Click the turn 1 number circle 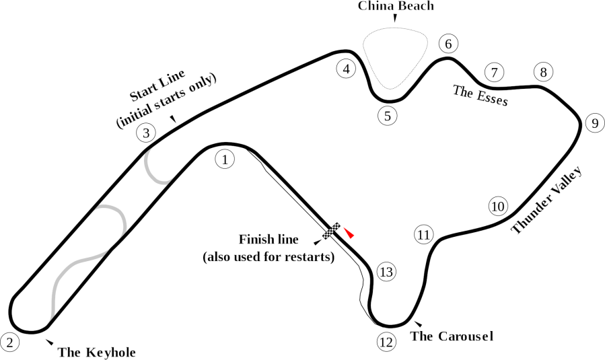224,159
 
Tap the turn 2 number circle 9,342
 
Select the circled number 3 146,133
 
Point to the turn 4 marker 346,69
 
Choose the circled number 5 387,116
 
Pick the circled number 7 494,73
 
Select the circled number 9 594,123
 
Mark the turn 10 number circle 497,206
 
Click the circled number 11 423,235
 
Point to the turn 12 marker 385,343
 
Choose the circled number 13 386,273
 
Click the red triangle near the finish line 349,233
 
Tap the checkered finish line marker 331,230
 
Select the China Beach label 396,6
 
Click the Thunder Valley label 546,200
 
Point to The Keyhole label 97,351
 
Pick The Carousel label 452,336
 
